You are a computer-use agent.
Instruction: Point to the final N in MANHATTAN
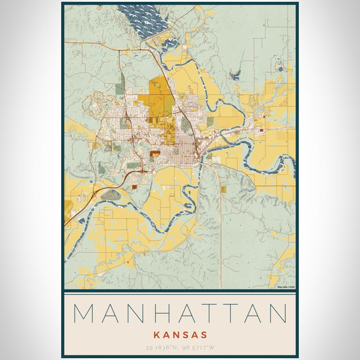tap(277, 313)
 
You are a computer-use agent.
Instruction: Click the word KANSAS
tap(180, 334)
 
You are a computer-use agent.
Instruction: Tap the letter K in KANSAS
tap(156, 334)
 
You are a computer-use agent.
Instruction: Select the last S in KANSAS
tap(205, 334)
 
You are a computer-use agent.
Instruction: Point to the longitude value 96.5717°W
tap(200, 347)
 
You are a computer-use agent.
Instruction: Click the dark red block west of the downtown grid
tap(155, 154)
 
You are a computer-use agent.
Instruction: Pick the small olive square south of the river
tap(223, 189)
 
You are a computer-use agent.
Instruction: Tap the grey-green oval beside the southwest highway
tap(110, 194)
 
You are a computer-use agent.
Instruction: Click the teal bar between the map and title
tap(180, 291)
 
